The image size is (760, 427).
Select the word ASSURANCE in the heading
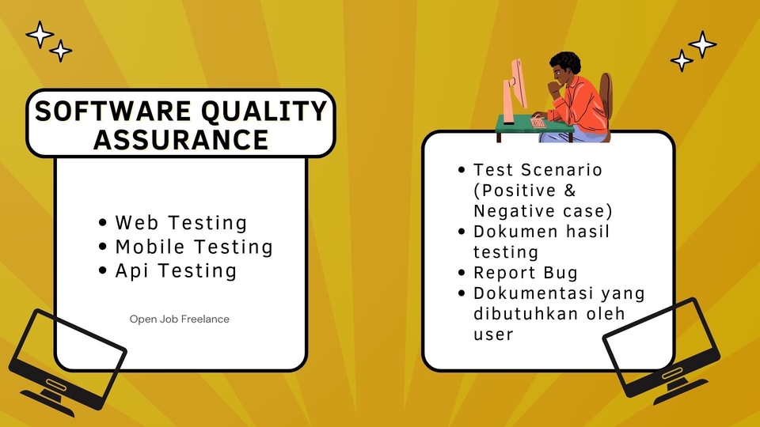coord(180,139)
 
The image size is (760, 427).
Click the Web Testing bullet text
coord(180,223)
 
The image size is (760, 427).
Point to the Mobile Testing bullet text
coord(194,247)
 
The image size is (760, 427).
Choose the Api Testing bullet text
coord(176,270)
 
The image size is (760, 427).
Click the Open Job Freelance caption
coord(180,319)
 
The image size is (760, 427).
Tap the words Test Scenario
coord(538,170)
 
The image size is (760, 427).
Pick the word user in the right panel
coord(493,334)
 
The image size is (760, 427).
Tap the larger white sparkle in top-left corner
coord(39,34)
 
